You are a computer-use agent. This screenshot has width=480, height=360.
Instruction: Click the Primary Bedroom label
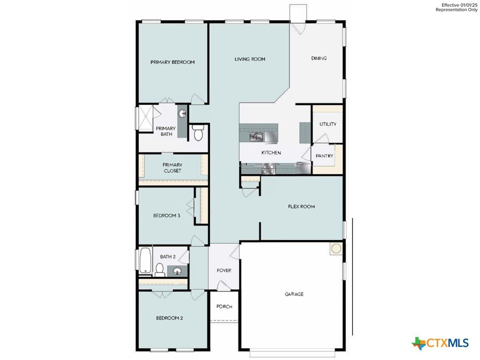172,62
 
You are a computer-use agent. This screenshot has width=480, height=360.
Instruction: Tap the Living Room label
250,59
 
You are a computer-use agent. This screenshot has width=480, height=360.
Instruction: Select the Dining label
319,58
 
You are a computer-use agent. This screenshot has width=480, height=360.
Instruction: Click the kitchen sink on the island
256,137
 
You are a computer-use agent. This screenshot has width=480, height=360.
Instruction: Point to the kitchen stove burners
269,169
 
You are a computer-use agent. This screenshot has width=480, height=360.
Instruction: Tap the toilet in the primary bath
198,133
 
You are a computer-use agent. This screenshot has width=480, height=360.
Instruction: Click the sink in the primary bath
182,114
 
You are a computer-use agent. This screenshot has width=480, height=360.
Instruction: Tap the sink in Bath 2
177,271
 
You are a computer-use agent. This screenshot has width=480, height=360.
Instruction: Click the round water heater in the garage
336,248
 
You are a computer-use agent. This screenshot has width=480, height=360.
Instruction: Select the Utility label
328,124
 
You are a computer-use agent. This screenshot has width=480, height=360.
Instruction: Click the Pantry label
324,156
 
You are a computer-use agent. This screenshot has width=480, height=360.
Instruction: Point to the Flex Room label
301,207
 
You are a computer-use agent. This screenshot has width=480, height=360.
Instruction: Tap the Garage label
294,294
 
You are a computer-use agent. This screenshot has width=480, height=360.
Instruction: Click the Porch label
225,307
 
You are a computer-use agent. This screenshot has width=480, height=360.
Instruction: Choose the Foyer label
224,270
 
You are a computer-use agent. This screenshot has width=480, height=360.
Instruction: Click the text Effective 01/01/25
459,5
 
